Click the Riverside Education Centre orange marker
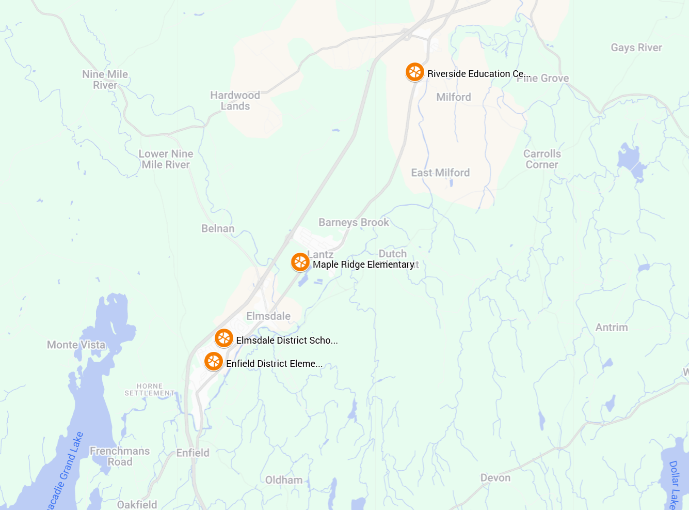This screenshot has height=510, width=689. click(x=414, y=72)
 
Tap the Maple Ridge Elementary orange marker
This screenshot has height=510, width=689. click(x=300, y=262)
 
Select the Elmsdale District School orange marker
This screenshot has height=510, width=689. click(x=223, y=338)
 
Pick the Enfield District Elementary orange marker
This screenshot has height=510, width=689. click(x=214, y=362)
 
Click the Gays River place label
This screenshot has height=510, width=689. click(x=636, y=48)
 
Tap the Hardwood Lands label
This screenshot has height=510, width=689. click(x=235, y=101)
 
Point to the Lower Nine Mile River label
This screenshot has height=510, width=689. click(x=166, y=159)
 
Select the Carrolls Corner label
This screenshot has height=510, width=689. click(x=542, y=159)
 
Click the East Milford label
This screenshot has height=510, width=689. click(x=440, y=173)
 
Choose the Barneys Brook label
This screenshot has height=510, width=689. click(x=354, y=222)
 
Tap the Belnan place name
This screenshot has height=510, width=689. click(x=218, y=228)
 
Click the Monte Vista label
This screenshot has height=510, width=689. click(x=76, y=345)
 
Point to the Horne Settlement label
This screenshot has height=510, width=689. click(x=149, y=390)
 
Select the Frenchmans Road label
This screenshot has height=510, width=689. click(x=120, y=456)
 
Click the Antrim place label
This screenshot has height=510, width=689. click(x=612, y=327)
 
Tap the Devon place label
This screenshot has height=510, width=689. click(x=495, y=478)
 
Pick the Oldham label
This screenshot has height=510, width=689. click(x=284, y=480)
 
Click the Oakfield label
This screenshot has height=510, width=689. click(x=137, y=504)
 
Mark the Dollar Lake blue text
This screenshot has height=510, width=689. click(x=674, y=484)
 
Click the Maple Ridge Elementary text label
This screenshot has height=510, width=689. click(x=363, y=265)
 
